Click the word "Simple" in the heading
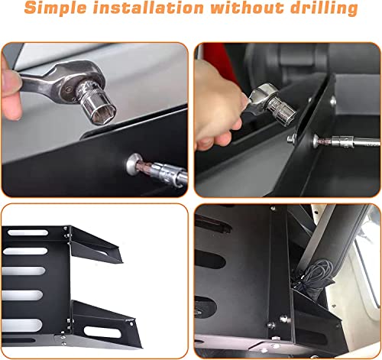point(60,10)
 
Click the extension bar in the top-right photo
point(348,142)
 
